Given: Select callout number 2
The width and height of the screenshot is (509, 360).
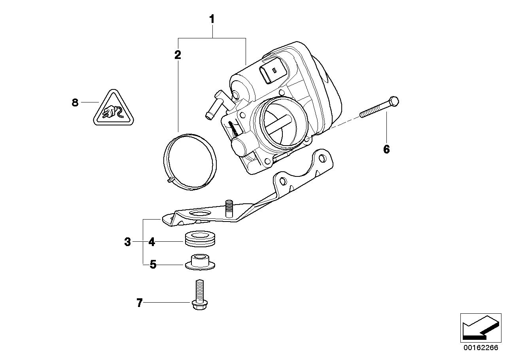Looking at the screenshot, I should click(178, 55).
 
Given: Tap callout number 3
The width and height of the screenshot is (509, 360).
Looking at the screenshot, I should click(127, 242).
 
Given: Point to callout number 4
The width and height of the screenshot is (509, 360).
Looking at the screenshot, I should click(151, 242).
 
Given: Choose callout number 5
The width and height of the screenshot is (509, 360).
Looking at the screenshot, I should click(153, 264).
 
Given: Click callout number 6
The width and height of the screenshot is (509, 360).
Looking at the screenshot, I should click(386, 149).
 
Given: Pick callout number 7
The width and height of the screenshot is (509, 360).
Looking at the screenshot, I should click(139, 303).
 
